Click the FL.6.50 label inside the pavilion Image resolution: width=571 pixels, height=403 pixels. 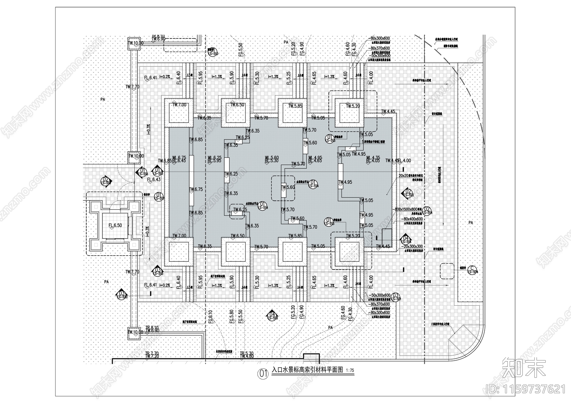[115, 225]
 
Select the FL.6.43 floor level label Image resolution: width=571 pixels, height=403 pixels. [153, 180]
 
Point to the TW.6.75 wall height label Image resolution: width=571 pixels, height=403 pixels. [196, 189]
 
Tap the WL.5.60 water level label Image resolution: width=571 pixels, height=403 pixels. [272, 157]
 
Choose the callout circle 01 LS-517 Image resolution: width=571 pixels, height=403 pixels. [159, 197]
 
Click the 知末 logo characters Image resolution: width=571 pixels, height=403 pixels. [524, 368]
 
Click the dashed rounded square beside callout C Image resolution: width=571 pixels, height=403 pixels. [447, 271]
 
